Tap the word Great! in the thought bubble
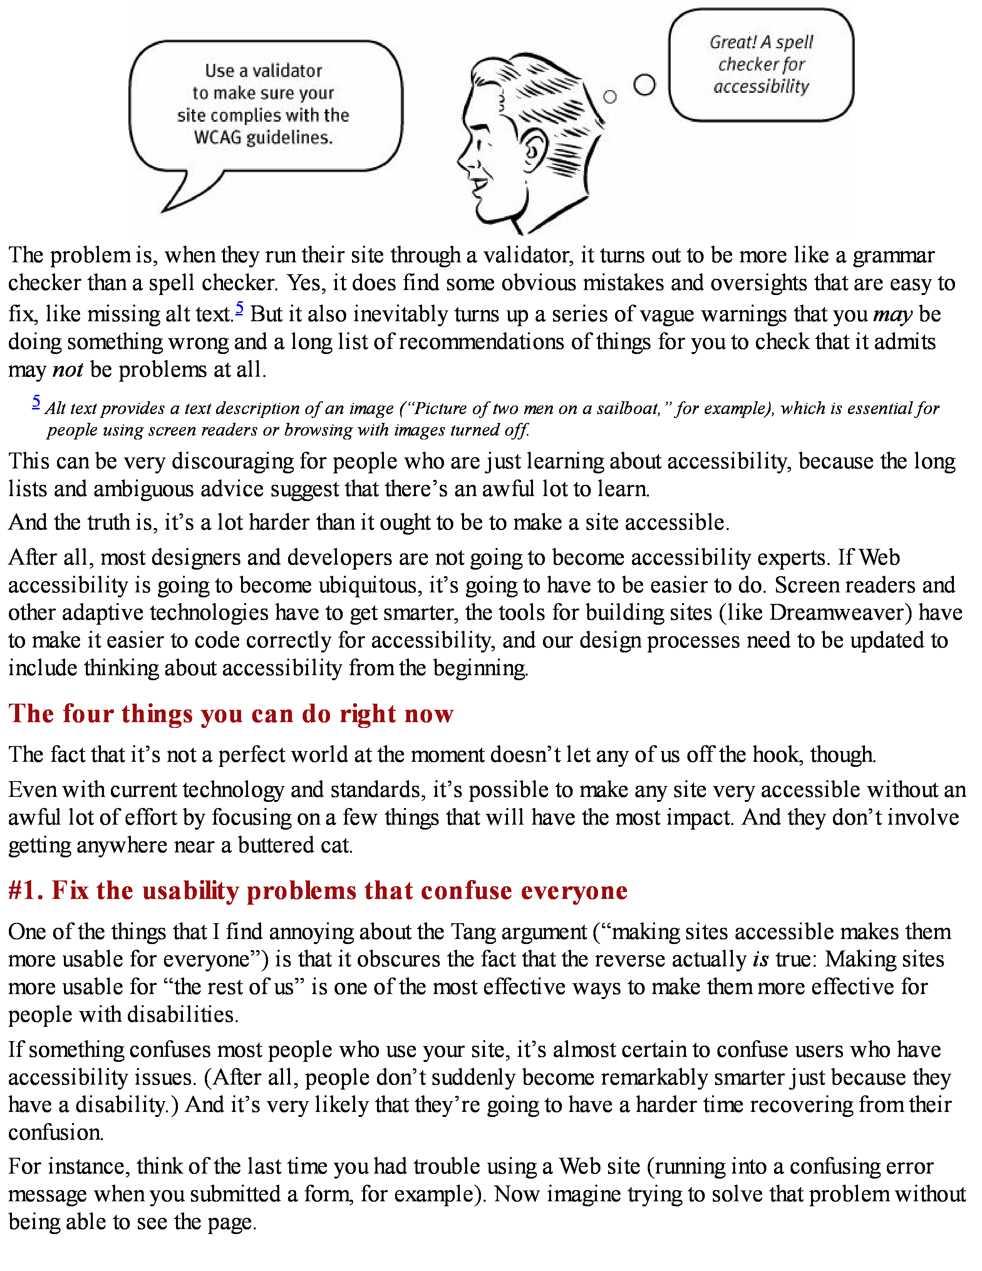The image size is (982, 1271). pyautogui.click(x=733, y=42)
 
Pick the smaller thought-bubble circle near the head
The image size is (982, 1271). pyautogui.click(x=610, y=97)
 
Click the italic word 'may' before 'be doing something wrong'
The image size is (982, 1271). pyautogui.click(x=892, y=315)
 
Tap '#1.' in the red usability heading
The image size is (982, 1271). pyautogui.click(x=25, y=891)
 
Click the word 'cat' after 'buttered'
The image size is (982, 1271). pyautogui.click(x=337, y=845)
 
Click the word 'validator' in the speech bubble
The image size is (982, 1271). pyautogui.click(x=287, y=71)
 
